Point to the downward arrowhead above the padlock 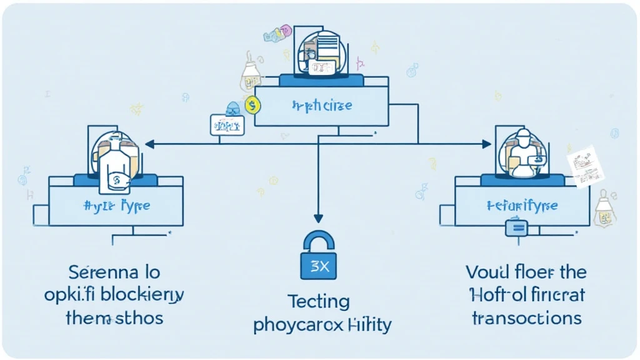tap(318, 218)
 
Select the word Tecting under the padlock tap(319, 302)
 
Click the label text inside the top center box tap(322, 105)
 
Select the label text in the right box tap(522, 205)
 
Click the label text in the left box tap(116, 205)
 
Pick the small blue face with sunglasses tap(233, 107)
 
